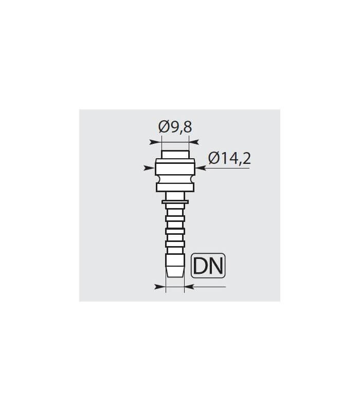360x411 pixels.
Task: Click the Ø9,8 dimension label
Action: click(x=175, y=127)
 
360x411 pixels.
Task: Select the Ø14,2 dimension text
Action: click(x=229, y=158)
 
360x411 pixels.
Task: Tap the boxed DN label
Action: click(x=208, y=266)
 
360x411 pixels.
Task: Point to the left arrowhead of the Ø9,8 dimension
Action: click(x=155, y=142)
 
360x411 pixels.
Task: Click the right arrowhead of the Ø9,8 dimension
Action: click(x=194, y=142)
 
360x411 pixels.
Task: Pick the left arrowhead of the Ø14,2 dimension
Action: click(x=149, y=168)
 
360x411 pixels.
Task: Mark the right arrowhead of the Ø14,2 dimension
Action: click(x=201, y=168)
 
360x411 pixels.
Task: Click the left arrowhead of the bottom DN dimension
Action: click(x=160, y=287)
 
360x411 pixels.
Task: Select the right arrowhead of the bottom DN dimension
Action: click(x=189, y=287)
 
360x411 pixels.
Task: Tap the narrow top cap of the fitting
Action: click(x=175, y=155)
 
